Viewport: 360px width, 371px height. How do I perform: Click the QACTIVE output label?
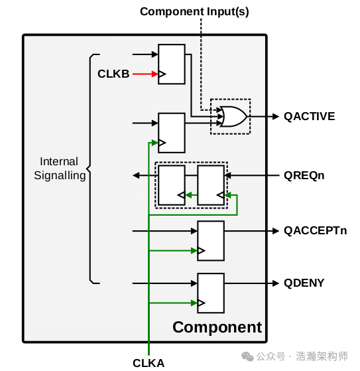[309, 116]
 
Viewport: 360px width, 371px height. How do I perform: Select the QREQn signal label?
[304, 176]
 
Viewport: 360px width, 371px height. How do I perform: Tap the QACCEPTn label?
[315, 230]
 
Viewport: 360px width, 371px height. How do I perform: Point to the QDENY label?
[304, 283]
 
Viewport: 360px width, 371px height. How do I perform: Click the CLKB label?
[113, 74]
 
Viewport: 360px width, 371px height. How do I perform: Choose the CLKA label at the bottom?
[149, 362]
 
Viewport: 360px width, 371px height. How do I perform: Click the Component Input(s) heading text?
[194, 11]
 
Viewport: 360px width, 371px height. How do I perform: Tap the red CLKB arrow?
[145, 74]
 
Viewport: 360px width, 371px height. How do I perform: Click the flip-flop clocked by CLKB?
[171, 64]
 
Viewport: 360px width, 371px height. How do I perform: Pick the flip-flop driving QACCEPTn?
[211, 240]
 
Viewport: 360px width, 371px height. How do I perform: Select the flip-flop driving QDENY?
[211, 293]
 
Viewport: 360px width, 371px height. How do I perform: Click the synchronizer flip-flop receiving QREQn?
[211, 185]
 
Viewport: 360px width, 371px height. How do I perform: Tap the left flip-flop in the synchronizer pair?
[171, 185]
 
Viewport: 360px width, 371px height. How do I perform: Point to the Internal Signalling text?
[59, 169]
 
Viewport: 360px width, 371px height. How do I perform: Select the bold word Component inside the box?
[217, 327]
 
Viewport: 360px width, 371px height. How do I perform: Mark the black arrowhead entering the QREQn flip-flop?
[228, 176]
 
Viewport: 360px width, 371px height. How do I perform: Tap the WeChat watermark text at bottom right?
[302, 356]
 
